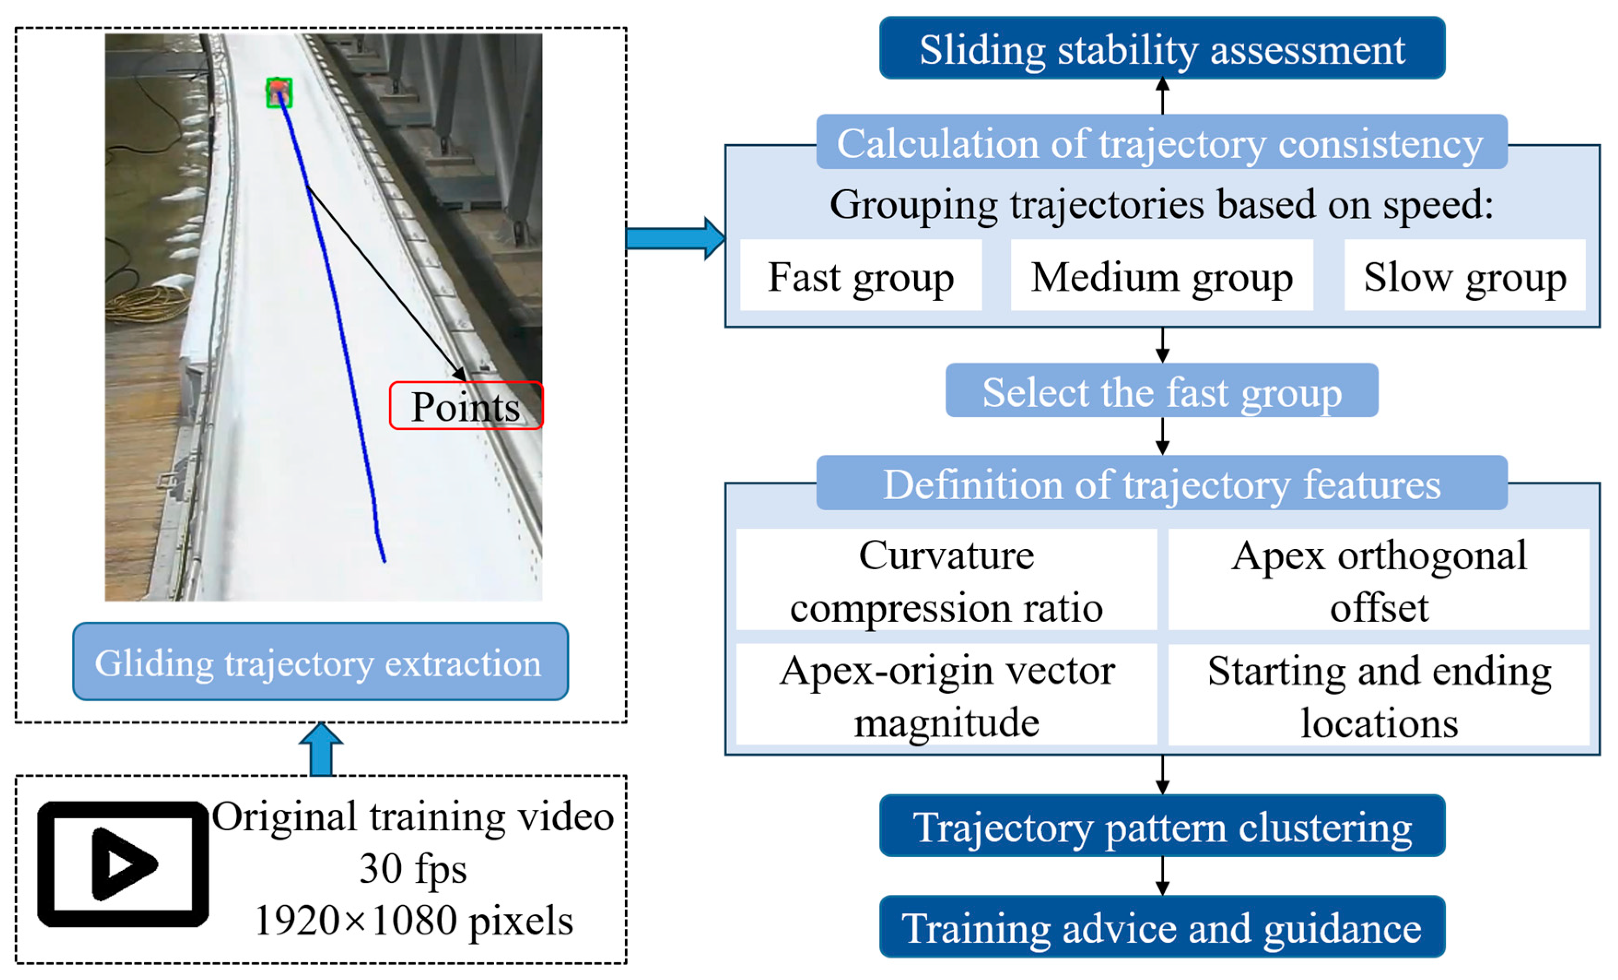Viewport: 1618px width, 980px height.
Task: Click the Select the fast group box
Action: click(1161, 391)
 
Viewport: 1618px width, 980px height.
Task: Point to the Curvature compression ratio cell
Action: click(946, 580)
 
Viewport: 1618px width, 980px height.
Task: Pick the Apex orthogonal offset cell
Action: click(1379, 580)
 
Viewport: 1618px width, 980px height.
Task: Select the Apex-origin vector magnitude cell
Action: click(946, 694)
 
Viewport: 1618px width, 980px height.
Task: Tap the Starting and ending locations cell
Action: click(1379, 694)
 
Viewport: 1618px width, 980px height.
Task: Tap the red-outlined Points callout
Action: click(466, 406)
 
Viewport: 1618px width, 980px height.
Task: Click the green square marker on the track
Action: click(279, 93)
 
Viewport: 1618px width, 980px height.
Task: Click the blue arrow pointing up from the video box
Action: click(321, 750)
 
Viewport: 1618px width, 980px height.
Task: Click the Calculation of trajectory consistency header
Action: click(1161, 142)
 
